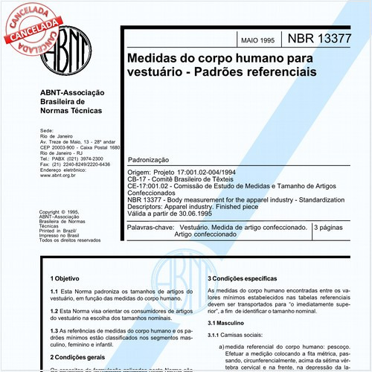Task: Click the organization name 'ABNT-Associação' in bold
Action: click(x=71, y=92)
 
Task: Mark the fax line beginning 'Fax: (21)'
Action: click(x=74, y=164)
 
